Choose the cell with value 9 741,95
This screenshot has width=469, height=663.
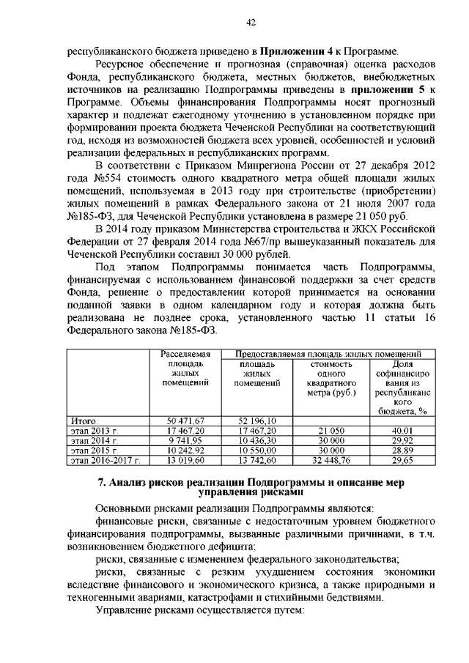pyautogui.click(x=185, y=440)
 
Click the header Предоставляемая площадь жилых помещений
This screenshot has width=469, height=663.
pyautogui.click(x=328, y=354)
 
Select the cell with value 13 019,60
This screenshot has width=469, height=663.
pyautogui.click(x=185, y=460)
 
